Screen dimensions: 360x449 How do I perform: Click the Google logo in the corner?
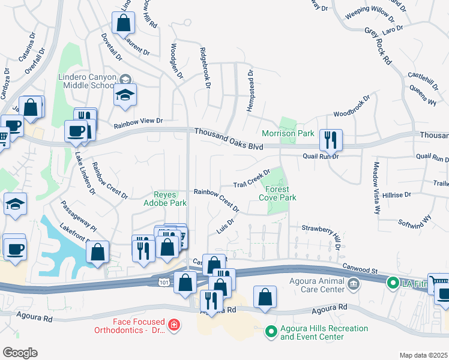[x=20, y=353]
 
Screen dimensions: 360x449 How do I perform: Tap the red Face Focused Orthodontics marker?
[x=173, y=325]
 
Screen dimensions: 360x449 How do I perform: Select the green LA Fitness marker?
[x=393, y=281]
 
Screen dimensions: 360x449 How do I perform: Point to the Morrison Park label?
[x=280, y=133]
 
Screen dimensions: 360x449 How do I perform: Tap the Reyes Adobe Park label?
[x=170, y=199]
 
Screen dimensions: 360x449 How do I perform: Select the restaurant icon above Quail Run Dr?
[x=331, y=140]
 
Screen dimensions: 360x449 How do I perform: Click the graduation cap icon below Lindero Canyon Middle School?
[x=125, y=95]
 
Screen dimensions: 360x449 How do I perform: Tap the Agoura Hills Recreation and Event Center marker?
[x=271, y=331]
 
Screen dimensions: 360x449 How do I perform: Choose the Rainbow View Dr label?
[x=139, y=121]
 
